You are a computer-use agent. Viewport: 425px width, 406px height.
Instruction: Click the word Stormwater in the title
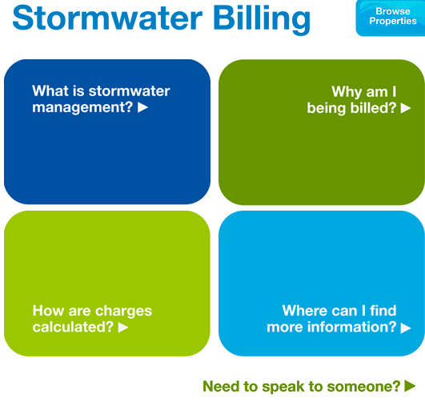107,18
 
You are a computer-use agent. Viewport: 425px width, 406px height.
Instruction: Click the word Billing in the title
262,20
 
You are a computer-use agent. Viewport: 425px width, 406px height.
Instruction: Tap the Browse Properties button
391,18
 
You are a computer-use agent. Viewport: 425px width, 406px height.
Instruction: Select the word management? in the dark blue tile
82,107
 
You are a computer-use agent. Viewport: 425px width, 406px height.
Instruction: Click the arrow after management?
142,107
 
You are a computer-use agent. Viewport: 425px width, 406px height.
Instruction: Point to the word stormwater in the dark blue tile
130,90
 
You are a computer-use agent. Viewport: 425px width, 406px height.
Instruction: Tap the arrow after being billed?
406,108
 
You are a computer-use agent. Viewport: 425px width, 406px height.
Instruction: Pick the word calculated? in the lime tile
73,327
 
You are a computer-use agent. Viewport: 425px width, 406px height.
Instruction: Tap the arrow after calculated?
123,327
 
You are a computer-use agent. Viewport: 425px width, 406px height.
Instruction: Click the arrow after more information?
406,328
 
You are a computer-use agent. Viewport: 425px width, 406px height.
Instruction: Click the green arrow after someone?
410,386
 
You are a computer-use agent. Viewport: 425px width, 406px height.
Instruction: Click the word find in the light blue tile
383,311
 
